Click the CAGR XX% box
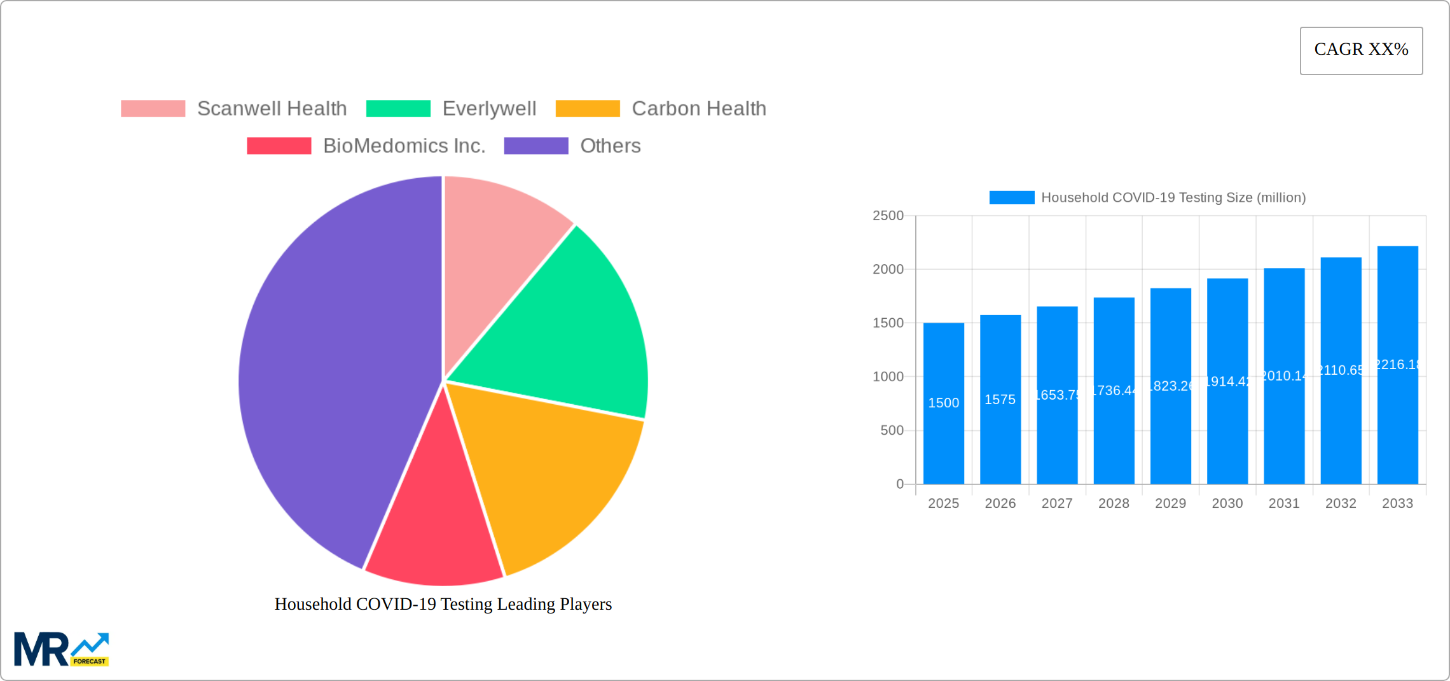1361,50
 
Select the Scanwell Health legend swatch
153,109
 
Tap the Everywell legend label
489,109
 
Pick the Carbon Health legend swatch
587,109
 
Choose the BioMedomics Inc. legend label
404,146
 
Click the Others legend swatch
535,146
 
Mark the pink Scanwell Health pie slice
496,235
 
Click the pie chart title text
443,604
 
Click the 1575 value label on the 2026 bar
1000,400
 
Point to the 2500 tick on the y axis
888,216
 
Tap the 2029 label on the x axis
1170,503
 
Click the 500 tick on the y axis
892,431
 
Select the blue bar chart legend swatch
1011,198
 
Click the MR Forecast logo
62,649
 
